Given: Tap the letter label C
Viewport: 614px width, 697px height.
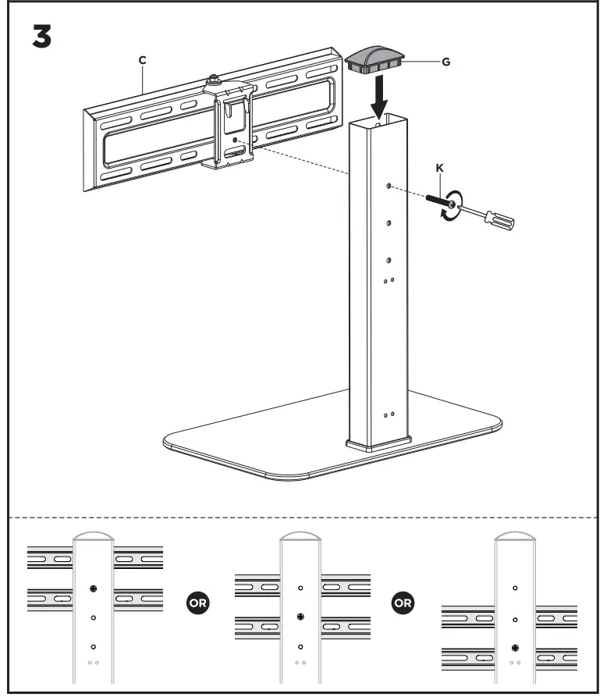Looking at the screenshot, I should point(143,59).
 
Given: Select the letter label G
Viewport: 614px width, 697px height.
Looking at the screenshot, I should point(445,61).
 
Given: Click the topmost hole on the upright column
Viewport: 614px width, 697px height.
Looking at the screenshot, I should point(389,187).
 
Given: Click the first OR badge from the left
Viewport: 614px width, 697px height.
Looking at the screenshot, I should point(198,602).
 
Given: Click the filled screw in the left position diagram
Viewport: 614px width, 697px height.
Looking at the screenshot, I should point(93,588).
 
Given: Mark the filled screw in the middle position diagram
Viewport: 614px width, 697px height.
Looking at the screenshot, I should point(300,617).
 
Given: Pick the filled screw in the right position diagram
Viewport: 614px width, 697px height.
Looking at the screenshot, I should point(514,648).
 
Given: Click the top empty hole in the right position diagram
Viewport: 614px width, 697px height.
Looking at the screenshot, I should point(514,587).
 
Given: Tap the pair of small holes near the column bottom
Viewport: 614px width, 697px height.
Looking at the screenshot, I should point(389,414).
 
